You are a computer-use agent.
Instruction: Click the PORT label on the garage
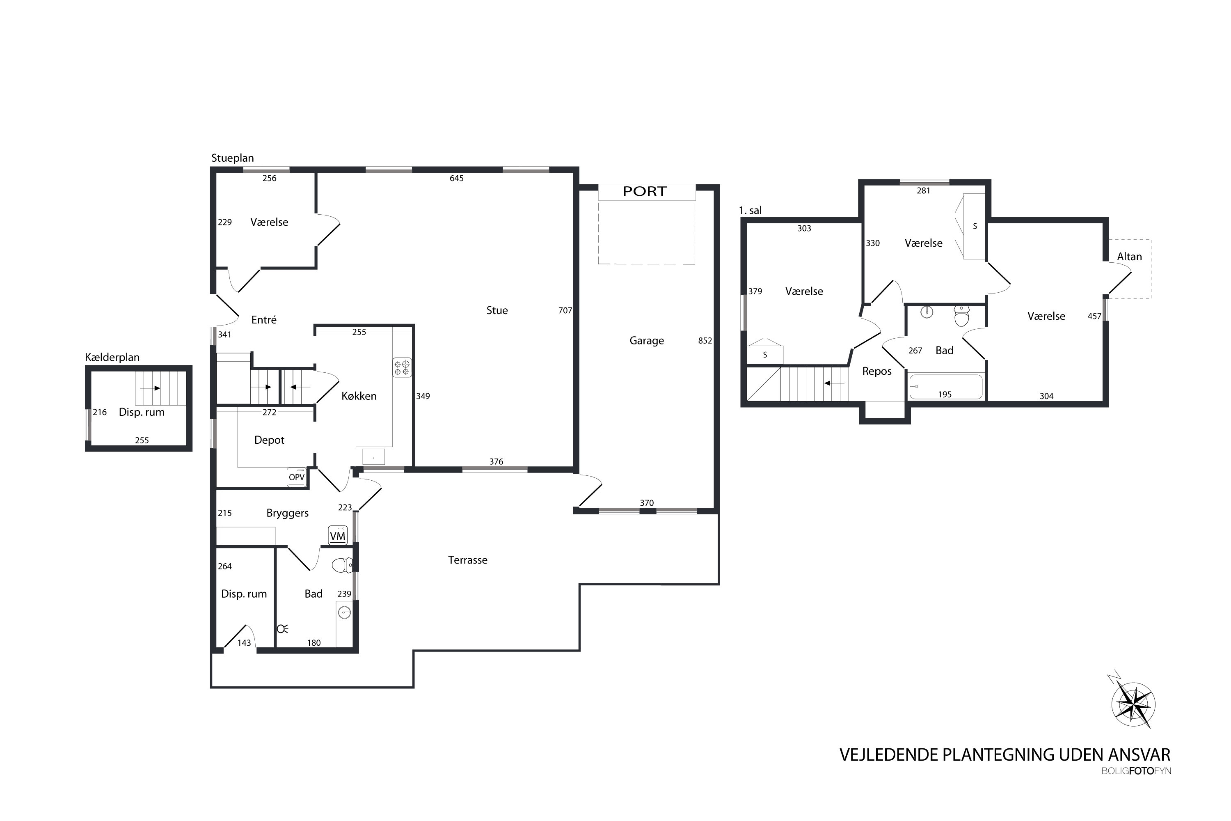tap(644, 192)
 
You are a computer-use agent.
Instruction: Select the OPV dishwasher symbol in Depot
tap(297, 477)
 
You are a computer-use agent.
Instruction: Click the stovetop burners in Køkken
tap(402, 367)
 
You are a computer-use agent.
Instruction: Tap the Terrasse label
tap(467, 560)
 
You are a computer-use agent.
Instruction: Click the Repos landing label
tap(876, 371)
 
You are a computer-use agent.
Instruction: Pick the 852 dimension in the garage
tap(705, 340)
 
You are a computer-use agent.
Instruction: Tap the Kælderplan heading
tap(112, 357)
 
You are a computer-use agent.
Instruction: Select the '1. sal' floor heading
tap(750, 211)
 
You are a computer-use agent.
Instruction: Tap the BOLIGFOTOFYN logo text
tap(1136, 771)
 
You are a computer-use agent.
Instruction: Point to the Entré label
tap(264, 319)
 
